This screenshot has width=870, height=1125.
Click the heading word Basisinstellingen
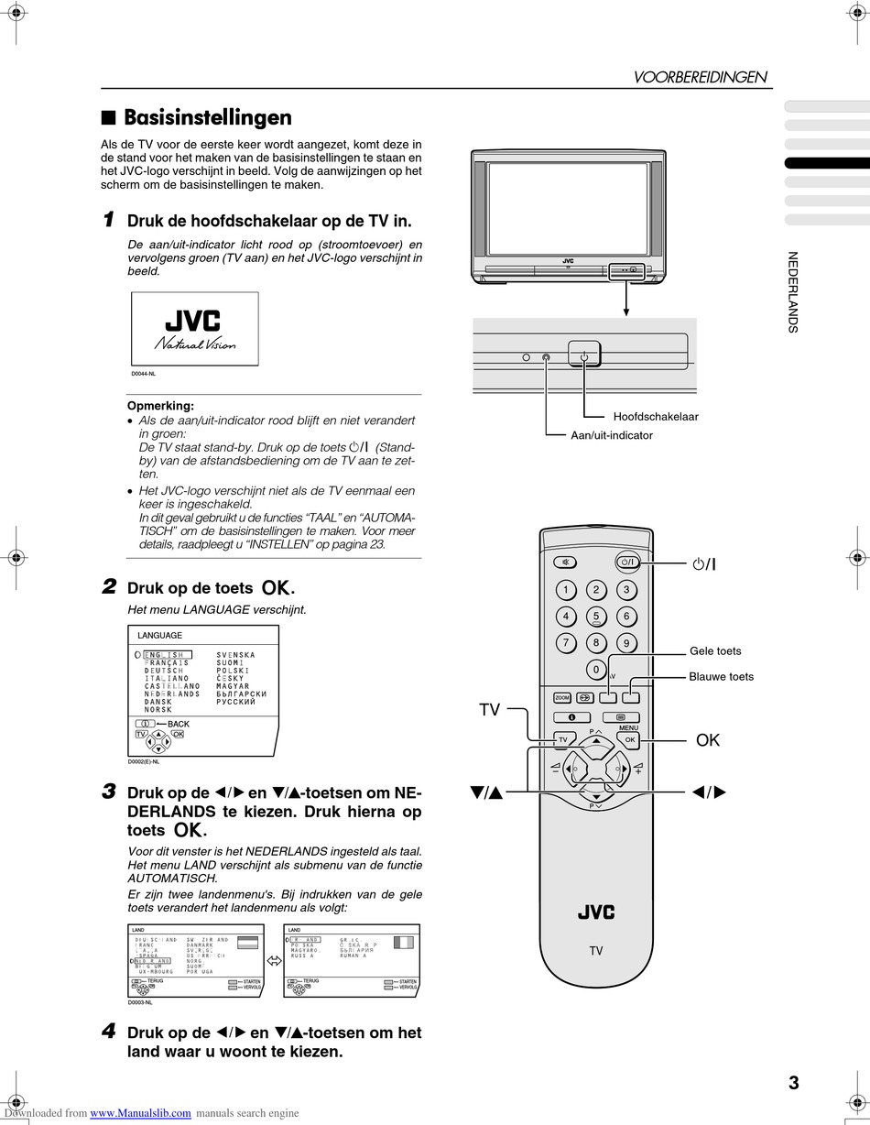(x=208, y=117)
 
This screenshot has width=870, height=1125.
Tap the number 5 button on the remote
(x=596, y=617)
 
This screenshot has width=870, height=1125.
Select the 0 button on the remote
(x=596, y=669)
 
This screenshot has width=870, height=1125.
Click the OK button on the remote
(x=629, y=739)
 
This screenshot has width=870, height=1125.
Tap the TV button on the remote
(x=563, y=739)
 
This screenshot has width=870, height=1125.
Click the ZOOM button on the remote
(x=562, y=698)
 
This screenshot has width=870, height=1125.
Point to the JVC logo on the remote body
(x=596, y=912)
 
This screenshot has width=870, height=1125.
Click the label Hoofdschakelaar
(x=656, y=417)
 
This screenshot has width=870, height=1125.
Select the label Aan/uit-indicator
(x=612, y=435)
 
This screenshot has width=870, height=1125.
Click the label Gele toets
(x=715, y=651)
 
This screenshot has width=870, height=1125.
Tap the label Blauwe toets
(x=722, y=677)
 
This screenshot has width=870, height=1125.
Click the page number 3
(x=793, y=1083)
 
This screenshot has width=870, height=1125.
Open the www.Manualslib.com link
(x=141, y=1113)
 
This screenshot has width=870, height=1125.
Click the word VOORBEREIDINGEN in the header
(x=701, y=78)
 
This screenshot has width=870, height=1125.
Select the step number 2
(x=109, y=586)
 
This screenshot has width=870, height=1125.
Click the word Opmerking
(x=160, y=406)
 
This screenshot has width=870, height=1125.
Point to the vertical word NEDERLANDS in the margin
(x=793, y=292)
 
